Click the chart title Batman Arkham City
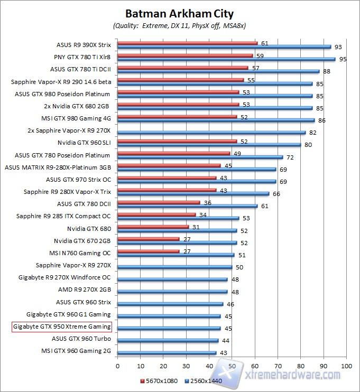pos(180,13)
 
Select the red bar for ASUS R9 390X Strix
pos(187,43)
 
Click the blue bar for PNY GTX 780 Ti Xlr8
pos(226,59)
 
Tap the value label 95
pos(343,59)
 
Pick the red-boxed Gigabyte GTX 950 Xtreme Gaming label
pos(61,328)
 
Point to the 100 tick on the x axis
pos(346,365)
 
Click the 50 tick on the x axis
pos(232,365)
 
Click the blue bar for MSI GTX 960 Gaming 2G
pos(167,352)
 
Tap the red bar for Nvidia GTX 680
pos(153,227)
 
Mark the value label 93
pos(338,47)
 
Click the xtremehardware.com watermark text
pos(293,375)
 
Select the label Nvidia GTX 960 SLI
pos(85,143)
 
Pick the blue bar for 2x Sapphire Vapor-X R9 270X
pos(211,132)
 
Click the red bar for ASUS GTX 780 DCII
pos(159,202)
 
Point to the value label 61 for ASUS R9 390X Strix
pos(265,43)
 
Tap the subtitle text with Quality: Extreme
pos(180,25)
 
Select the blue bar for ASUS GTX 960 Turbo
pos(168,340)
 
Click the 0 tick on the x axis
pos(117,365)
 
